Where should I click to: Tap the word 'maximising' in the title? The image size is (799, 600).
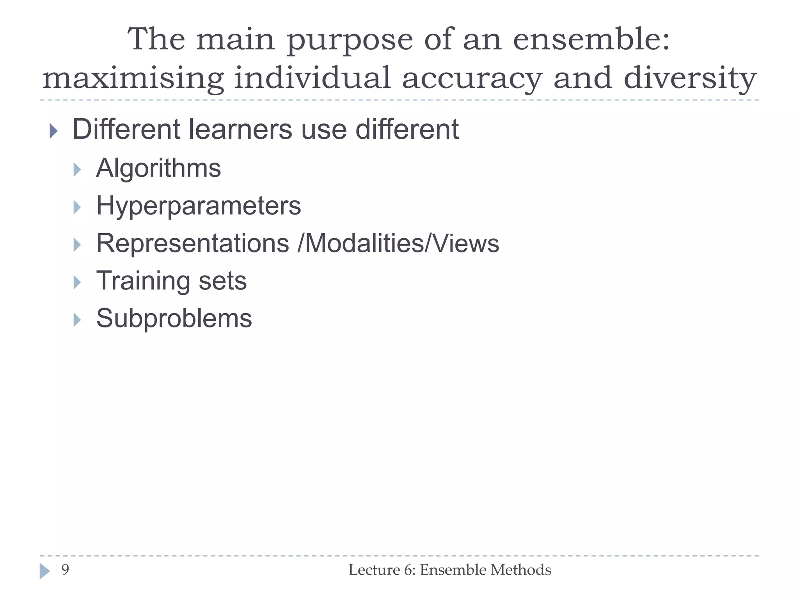pyautogui.click(x=133, y=79)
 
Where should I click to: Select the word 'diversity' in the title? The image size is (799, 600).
pyautogui.click(x=690, y=79)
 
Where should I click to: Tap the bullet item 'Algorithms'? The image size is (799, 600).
pyautogui.click(x=158, y=168)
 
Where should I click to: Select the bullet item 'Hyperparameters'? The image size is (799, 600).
pyautogui.click(x=199, y=206)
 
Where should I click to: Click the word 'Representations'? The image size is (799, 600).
pyautogui.click(x=193, y=243)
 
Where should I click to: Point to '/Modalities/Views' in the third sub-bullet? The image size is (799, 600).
pyautogui.click(x=398, y=243)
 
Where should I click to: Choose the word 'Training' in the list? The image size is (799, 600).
pyautogui.click(x=143, y=281)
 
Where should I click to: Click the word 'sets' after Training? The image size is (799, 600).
pyautogui.click(x=223, y=281)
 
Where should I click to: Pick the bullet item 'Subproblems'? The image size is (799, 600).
pyautogui.click(x=174, y=318)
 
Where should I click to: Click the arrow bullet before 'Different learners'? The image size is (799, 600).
pyautogui.click(x=53, y=131)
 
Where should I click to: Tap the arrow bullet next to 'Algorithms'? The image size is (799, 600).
pyautogui.click(x=77, y=170)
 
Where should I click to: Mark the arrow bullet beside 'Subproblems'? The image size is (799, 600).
pyautogui.click(x=77, y=320)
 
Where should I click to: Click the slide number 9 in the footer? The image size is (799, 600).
pyautogui.click(x=65, y=570)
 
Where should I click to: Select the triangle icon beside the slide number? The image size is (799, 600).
pyautogui.click(x=44, y=571)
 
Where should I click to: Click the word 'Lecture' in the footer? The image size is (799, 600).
pyautogui.click(x=374, y=570)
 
